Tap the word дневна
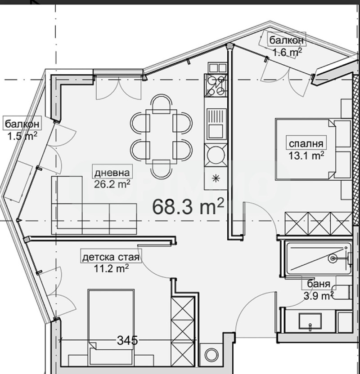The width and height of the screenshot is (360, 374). [112, 173]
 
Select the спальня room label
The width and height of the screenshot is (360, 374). [306, 144]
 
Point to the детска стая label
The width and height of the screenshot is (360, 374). [111, 258]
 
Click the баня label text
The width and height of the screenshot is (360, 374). [319, 284]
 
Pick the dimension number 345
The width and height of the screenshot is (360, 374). [127, 340]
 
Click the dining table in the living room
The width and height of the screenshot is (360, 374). [161, 137]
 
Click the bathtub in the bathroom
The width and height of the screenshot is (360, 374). [319, 258]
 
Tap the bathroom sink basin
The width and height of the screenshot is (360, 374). [310, 322]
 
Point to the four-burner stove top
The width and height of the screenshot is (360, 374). [216, 85]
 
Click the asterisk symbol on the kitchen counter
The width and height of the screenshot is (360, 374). [216, 178]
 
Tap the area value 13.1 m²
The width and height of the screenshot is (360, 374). [306, 155]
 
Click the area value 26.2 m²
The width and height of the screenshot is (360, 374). [112, 184]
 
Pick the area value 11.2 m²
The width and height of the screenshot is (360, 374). [111, 268]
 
